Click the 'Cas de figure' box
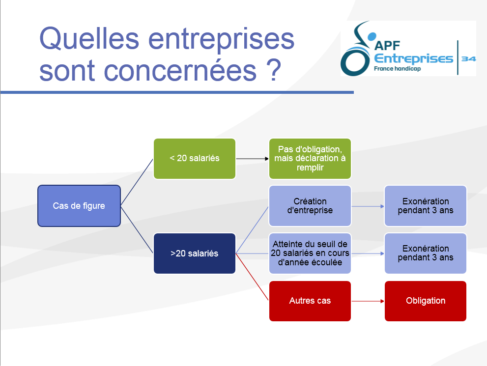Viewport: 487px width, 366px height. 79,206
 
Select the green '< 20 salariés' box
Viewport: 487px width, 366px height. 195,159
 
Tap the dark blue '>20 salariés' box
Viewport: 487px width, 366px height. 195,253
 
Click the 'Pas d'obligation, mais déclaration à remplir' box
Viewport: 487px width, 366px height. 310,159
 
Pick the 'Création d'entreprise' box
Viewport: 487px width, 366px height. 310,206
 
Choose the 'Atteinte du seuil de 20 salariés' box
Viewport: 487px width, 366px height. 310,253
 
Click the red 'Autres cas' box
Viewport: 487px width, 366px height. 310,301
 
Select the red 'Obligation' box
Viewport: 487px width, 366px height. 426,301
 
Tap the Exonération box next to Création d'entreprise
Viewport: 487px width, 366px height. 426,206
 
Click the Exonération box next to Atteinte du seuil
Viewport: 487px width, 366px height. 426,253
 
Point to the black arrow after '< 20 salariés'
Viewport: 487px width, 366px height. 252,159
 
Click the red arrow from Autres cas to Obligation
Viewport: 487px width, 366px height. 368,301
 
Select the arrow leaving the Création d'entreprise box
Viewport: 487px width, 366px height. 368,206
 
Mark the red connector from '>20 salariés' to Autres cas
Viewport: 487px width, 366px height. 252,277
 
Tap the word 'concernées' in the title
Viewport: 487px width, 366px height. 180,71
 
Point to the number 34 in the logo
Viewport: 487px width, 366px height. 469,58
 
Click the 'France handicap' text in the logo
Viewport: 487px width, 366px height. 397,69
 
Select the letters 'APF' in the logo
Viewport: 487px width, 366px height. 387,46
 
